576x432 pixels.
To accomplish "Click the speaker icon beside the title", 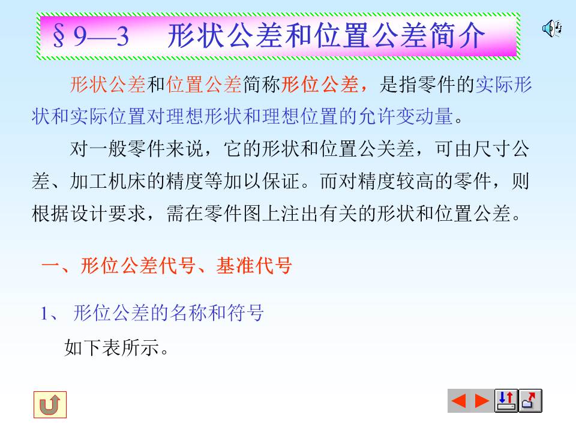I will point(551,28).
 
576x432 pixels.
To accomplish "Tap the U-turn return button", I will point(50,405).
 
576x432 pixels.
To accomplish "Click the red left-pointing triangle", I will point(458,401).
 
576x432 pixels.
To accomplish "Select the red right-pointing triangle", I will point(482,401).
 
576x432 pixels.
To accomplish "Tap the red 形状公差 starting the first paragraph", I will point(108,85).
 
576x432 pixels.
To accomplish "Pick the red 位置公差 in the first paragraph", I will point(204,85).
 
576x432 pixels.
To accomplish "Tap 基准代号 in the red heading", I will point(254,265).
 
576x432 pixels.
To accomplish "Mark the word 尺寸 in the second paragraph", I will point(492,149).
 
